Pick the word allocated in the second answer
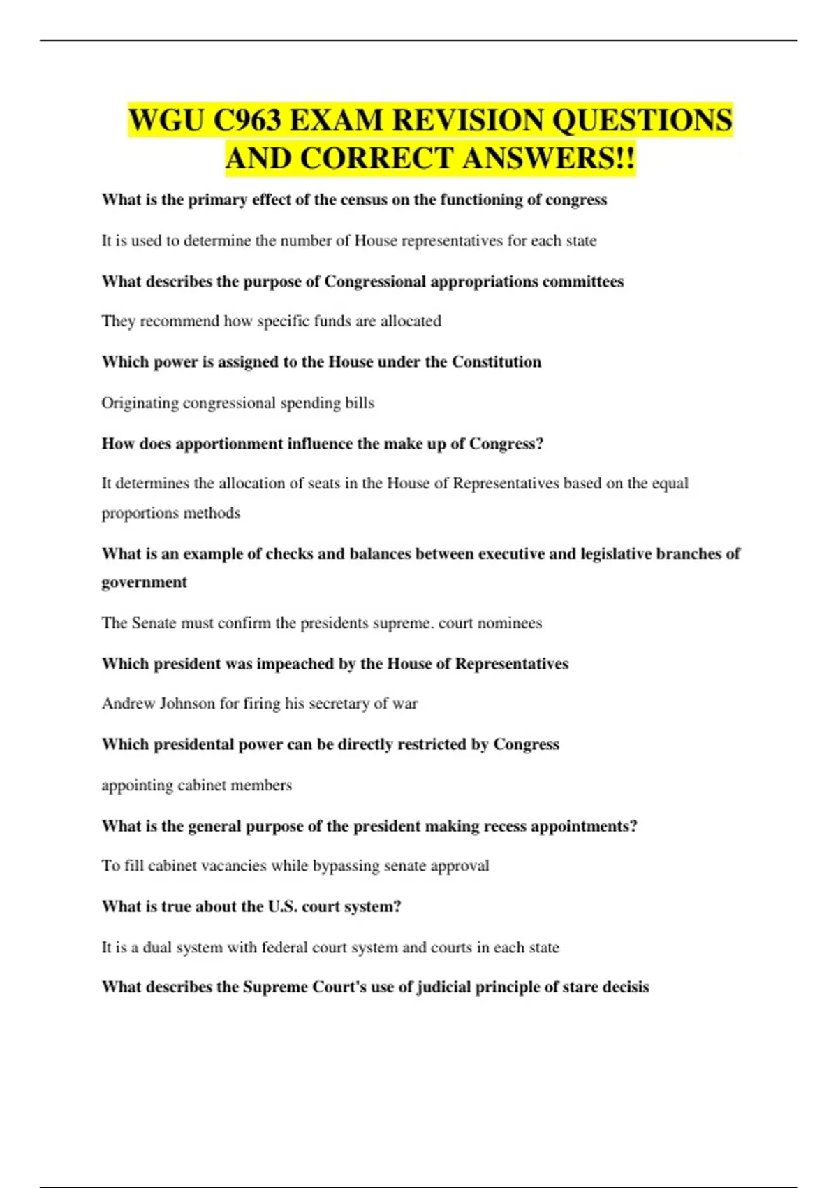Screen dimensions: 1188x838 point(411,321)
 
